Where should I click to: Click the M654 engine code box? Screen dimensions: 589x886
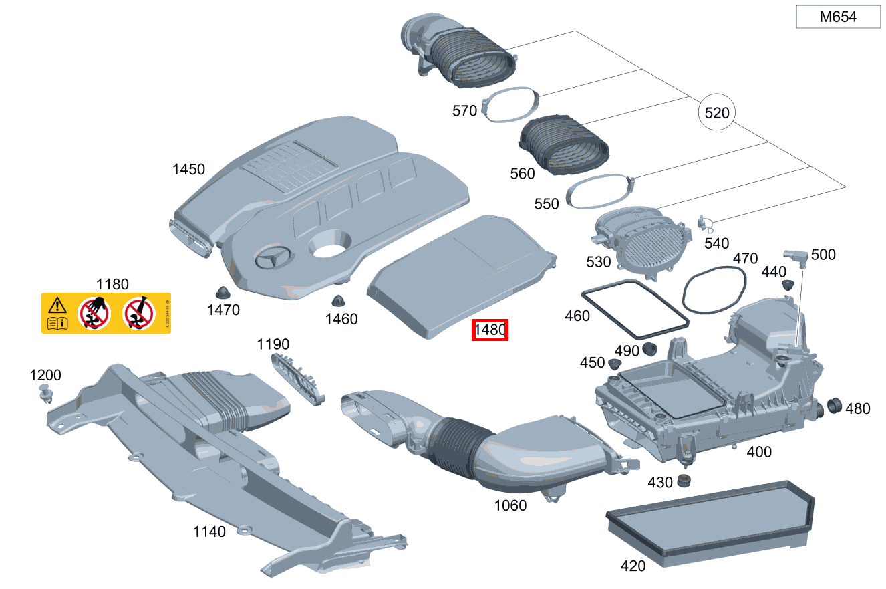[838, 17]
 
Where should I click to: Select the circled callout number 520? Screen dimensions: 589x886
[717, 113]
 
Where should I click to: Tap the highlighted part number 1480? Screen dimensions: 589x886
[490, 330]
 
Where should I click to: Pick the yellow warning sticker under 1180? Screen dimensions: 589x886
[106, 313]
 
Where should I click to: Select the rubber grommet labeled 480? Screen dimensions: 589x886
[833, 405]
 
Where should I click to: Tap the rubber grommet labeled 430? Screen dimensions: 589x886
[683, 481]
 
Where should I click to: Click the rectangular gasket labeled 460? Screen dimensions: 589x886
[635, 310]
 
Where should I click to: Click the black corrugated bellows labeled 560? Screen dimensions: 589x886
[564, 146]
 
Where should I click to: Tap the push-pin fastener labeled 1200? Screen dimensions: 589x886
[46, 394]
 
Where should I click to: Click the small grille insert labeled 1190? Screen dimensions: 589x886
[298, 378]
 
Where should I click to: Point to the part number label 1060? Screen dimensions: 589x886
[510, 505]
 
